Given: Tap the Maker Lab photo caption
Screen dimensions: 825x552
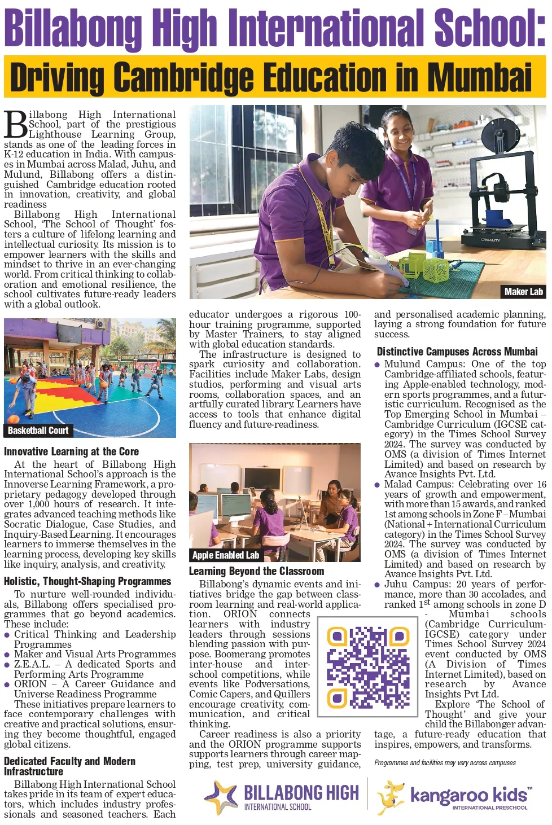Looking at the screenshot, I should coord(523,291).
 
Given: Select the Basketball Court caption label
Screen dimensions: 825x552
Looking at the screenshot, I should coord(38,431).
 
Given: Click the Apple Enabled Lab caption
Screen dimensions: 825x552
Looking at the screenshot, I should coord(225,555).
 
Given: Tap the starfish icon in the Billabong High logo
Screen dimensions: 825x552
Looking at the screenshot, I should coord(222,796).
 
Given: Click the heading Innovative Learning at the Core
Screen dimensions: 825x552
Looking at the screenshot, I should coord(71,451).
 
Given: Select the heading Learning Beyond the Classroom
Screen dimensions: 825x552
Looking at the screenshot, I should coord(256,571).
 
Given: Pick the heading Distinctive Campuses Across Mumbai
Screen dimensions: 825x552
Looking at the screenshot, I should coord(457,352).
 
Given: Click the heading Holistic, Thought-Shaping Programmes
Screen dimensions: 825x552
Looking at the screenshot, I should coord(87,581).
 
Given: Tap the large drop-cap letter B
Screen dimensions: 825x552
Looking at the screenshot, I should coord(15,124).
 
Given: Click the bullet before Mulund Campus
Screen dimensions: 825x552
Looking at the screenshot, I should coord(377,365).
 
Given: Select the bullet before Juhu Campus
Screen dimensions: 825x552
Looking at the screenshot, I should coord(377,585).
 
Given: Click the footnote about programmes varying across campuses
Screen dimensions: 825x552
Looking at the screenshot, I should coord(445,763).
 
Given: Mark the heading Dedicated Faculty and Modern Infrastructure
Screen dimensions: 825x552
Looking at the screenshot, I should coord(69,766).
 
